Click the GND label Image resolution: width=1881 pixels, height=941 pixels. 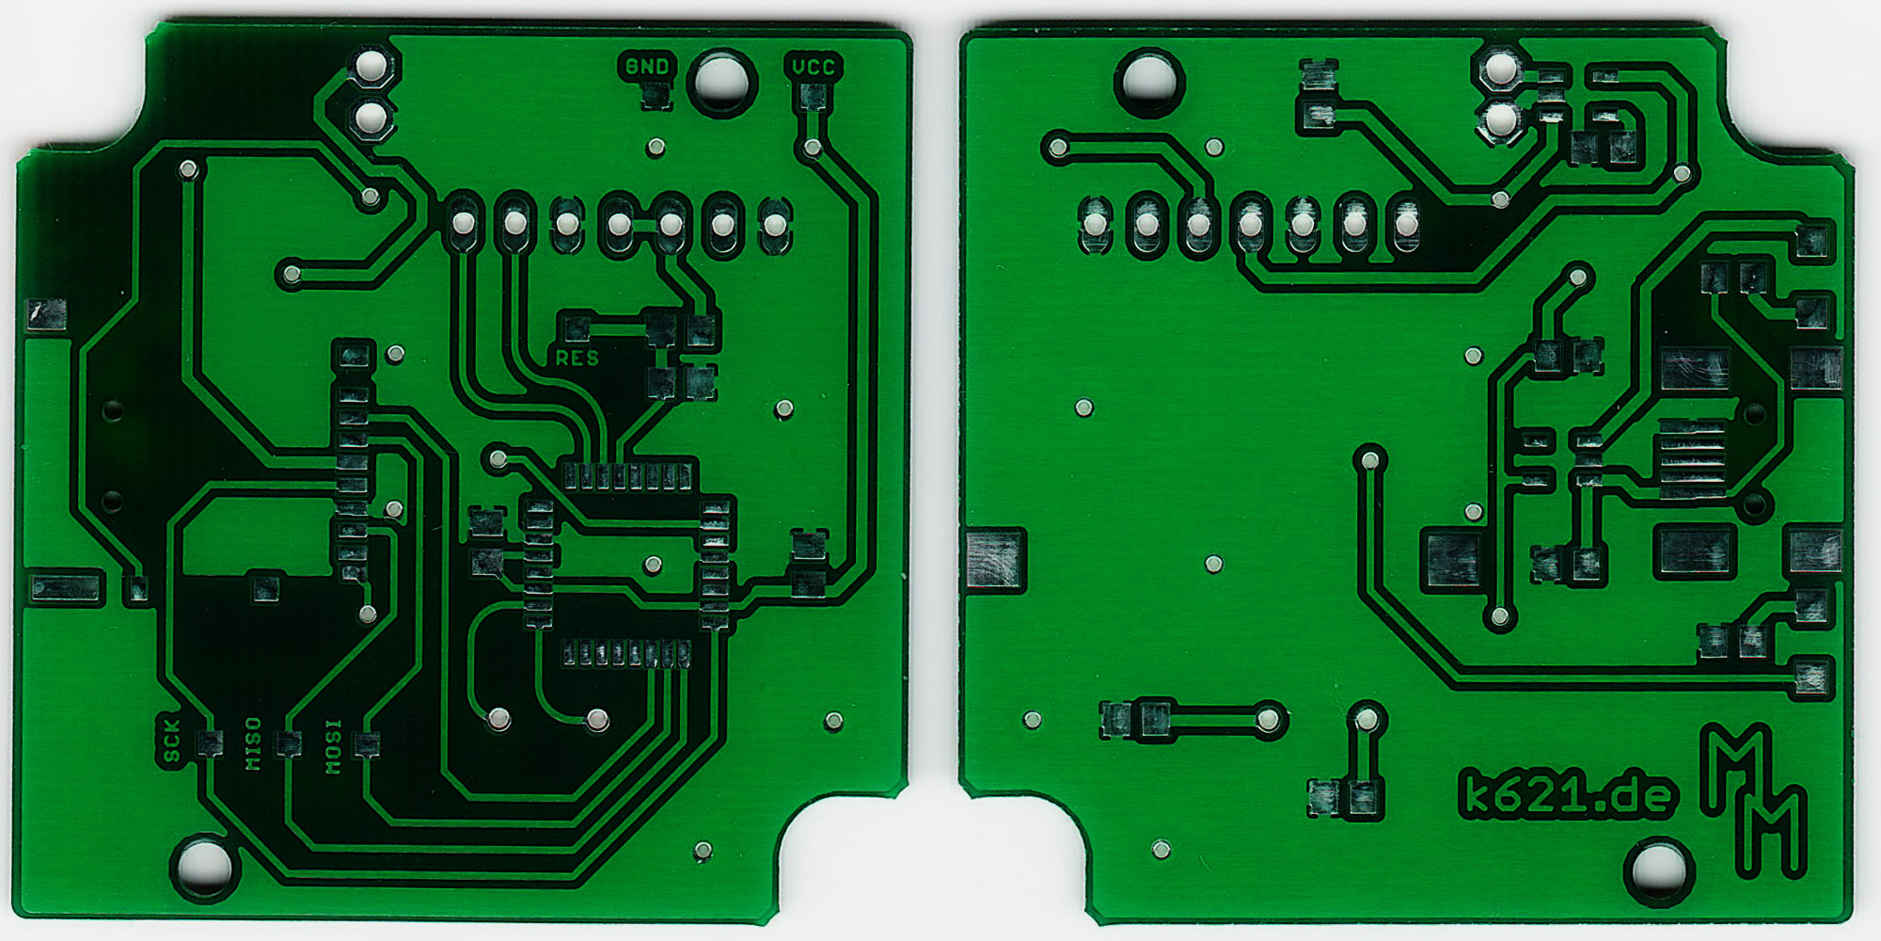point(647,66)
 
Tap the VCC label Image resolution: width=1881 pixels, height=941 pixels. point(813,66)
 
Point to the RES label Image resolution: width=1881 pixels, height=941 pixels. point(577,359)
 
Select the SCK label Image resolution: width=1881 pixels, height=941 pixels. point(171,742)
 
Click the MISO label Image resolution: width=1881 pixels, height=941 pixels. point(253,743)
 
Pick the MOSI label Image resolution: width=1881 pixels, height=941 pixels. point(333,747)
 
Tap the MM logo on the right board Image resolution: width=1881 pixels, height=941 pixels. point(1754,800)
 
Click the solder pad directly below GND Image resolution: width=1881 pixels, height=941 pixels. point(656,95)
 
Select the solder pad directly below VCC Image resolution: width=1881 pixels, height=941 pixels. point(813,95)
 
